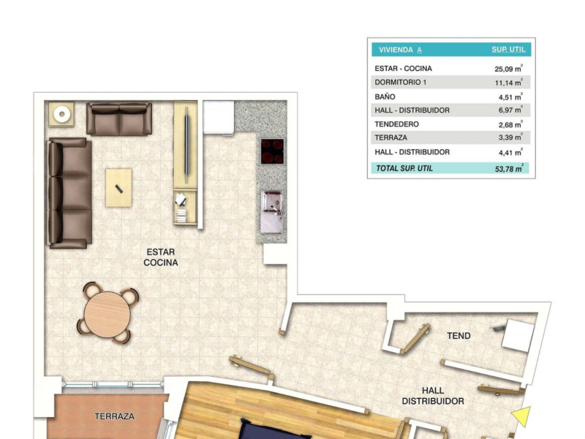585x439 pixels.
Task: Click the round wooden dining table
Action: point(107,315)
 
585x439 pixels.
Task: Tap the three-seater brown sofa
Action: point(69,193)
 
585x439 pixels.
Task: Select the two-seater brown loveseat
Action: point(119,119)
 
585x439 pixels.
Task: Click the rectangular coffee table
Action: point(118,188)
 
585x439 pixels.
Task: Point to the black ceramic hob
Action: point(272,151)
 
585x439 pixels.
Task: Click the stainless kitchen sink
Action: point(272,211)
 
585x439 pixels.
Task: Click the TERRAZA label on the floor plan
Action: point(114,416)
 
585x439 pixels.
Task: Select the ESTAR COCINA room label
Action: point(161,258)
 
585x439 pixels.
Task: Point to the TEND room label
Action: point(458,336)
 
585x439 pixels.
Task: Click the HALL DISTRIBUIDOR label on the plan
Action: point(433,396)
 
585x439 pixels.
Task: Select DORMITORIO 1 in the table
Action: point(400,82)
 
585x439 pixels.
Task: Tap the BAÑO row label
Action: point(385,97)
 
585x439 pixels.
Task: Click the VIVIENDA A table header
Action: point(400,50)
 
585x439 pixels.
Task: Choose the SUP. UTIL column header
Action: point(508,49)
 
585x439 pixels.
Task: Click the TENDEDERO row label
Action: point(396,124)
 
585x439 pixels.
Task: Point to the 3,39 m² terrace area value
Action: point(510,137)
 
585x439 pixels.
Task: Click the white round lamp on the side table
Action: point(62,114)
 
